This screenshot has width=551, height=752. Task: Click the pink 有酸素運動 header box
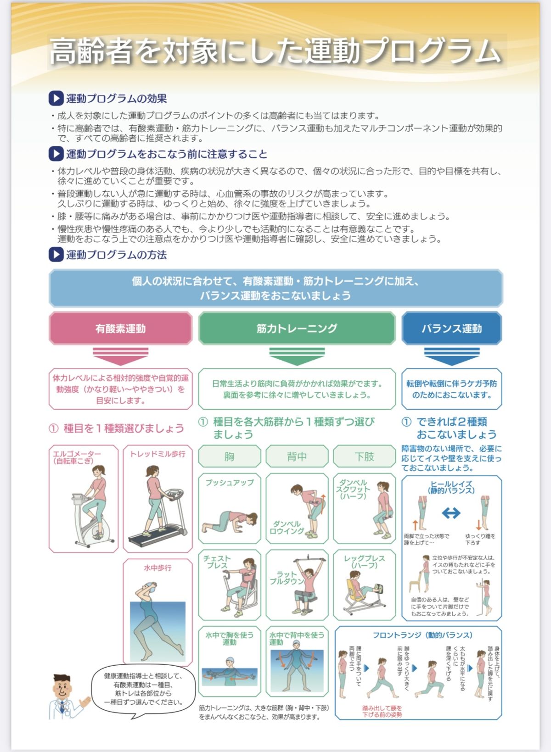click(x=120, y=329)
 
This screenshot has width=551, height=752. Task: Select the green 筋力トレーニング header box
click(x=297, y=329)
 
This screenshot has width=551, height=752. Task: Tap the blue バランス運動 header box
click(x=451, y=329)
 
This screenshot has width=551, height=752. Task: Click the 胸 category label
click(x=229, y=457)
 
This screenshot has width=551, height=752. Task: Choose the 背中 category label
click(x=297, y=457)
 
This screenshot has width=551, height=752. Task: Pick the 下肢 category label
click(x=364, y=457)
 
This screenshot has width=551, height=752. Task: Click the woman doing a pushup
click(x=230, y=521)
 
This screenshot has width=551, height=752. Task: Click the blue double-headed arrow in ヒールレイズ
click(x=451, y=513)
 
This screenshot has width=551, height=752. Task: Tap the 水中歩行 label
click(x=157, y=568)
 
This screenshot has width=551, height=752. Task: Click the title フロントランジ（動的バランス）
click(x=422, y=635)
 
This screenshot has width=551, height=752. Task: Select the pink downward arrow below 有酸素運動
click(x=120, y=356)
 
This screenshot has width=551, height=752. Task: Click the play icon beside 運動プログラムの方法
click(x=56, y=255)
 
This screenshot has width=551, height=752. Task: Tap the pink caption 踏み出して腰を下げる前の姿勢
click(x=382, y=711)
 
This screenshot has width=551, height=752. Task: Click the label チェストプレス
click(x=217, y=562)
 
